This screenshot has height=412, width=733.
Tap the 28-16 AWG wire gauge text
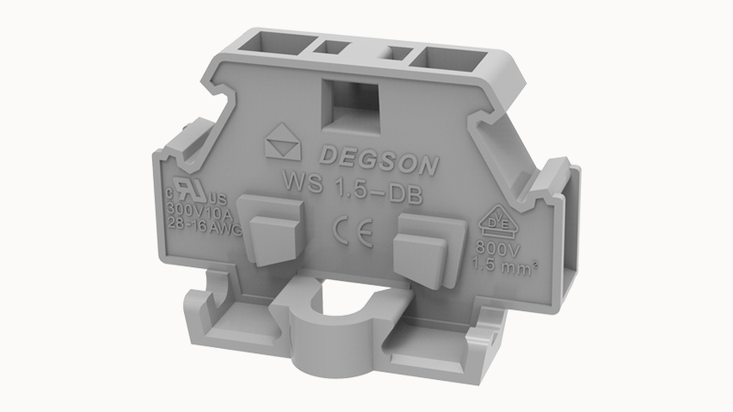(205, 229)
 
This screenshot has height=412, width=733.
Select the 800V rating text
(493, 249)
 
